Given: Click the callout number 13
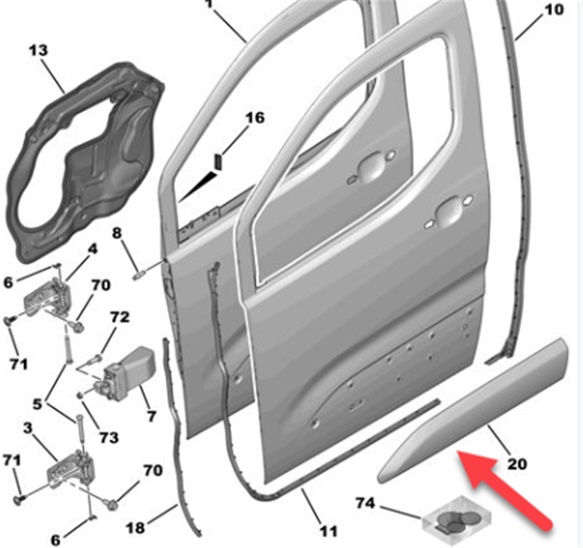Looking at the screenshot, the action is coord(38,50).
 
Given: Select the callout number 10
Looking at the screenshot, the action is coord(554,10).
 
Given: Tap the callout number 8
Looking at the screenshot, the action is coord(117,233).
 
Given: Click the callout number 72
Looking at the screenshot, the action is coord(120,317).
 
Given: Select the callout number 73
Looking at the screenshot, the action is coord(109,437).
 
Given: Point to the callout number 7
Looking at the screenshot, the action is coord(151,416).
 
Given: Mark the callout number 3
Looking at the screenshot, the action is coord(27,428).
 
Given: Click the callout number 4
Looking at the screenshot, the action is coord(92,249).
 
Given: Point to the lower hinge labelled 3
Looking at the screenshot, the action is coord(71,468).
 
